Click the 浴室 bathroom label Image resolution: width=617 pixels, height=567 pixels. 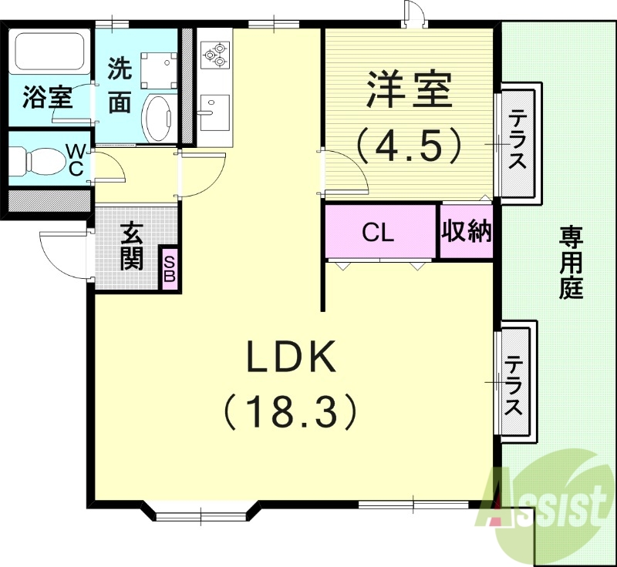click(48, 97)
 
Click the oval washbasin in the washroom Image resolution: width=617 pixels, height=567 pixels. click(160, 118)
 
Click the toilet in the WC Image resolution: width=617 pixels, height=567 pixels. click(35, 160)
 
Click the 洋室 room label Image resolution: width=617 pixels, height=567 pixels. click(409, 91)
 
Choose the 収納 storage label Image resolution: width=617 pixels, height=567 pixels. click(467, 231)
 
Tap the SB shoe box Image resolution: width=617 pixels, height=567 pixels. click(170, 268)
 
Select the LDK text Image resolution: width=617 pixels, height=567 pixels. click(291, 357)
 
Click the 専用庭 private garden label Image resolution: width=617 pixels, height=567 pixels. click(571, 262)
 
